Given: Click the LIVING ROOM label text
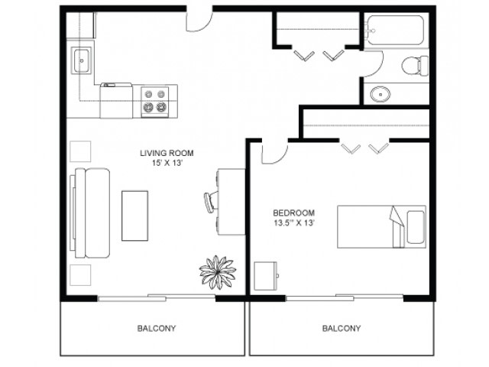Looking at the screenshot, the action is [x=167, y=153].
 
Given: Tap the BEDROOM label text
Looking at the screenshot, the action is [x=293, y=213].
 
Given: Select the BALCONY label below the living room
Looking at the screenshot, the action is [x=157, y=328].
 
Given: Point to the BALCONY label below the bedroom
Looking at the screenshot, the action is [x=342, y=328].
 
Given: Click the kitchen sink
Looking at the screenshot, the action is [x=82, y=60].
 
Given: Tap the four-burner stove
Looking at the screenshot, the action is [x=154, y=102].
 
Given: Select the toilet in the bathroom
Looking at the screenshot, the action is [x=415, y=66].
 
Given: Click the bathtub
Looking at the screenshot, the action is [x=395, y=31].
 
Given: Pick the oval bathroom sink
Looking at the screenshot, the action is [x=381, y=93].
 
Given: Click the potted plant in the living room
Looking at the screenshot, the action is [x=217, y=272].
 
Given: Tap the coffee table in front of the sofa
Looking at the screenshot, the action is [x=134, y=216].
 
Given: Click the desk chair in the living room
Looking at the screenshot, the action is [x=211, y=201].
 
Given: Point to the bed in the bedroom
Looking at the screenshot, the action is [x=381, y=226].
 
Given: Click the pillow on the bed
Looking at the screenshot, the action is [x=416, y=227].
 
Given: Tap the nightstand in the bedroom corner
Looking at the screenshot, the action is [x=266, y=276].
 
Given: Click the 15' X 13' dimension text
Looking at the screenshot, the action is [x=167, y=163].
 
